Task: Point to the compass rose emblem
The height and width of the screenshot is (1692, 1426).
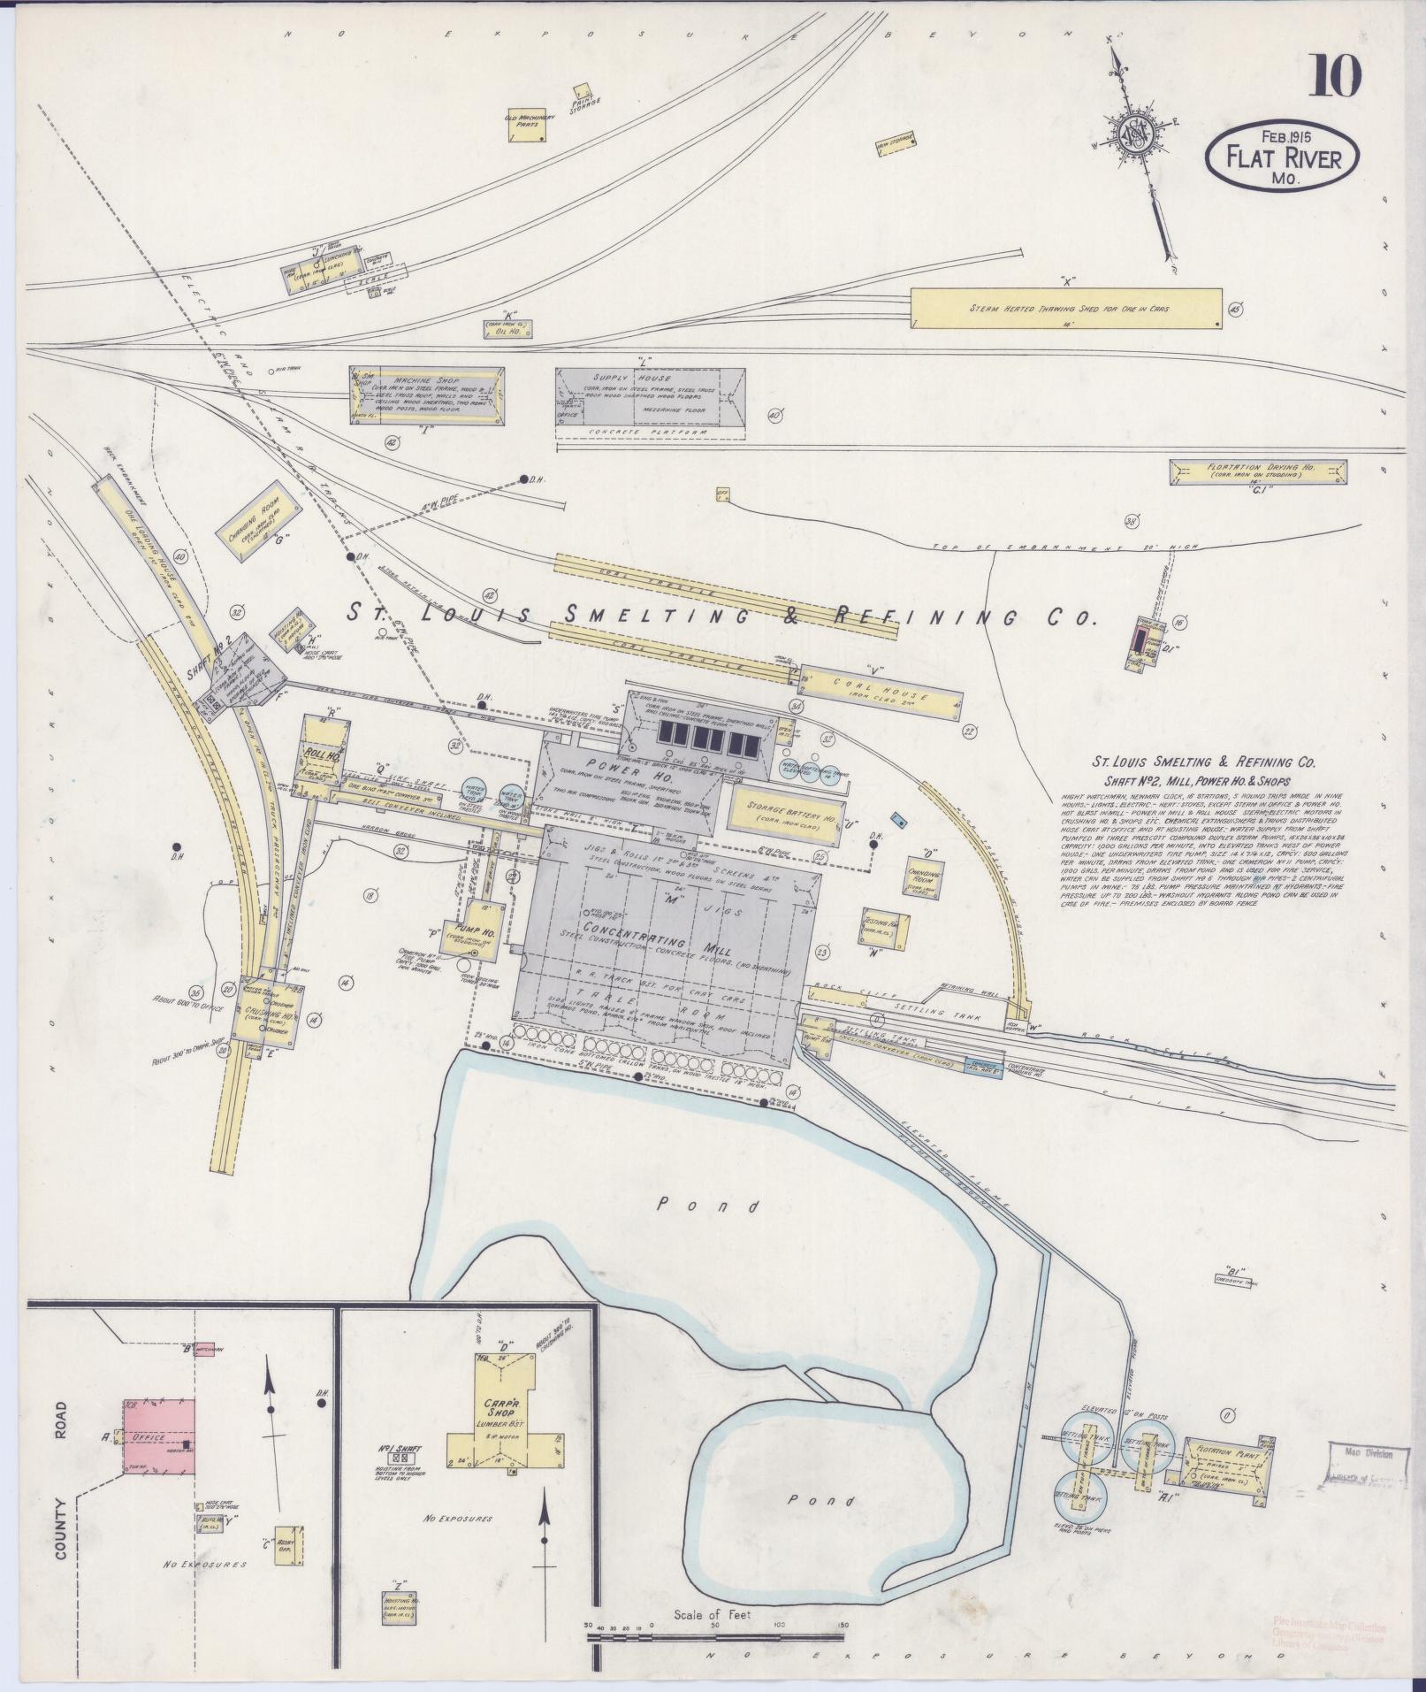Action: click(1134, 135)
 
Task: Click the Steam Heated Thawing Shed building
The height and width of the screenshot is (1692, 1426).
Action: click(1067, 309)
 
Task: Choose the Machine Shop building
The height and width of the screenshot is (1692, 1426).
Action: click(429, 394)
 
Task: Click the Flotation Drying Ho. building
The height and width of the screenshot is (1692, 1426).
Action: click(1259, 471)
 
